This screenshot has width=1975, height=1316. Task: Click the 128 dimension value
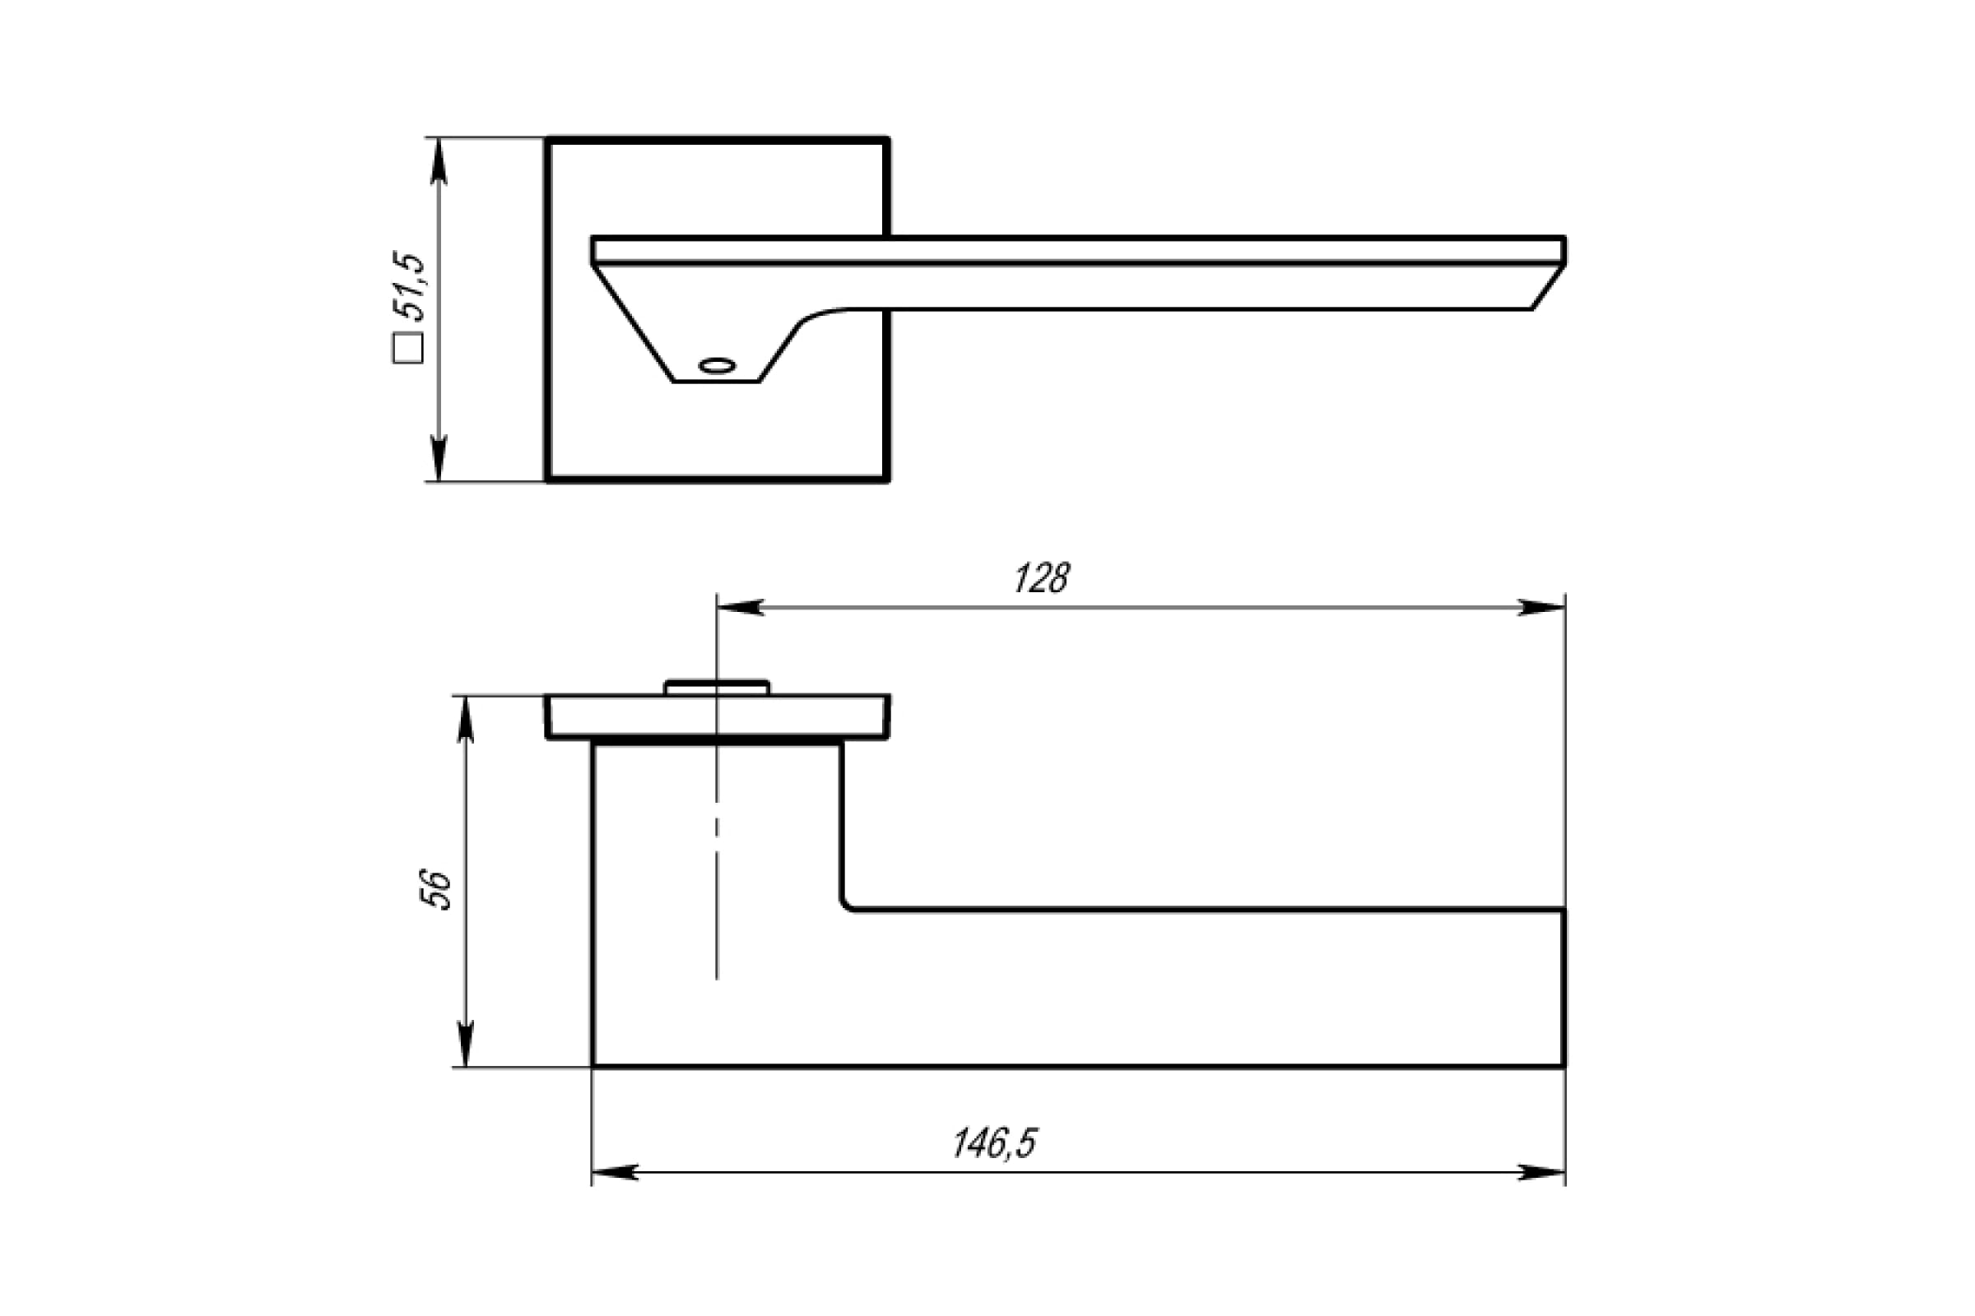point(1042,578)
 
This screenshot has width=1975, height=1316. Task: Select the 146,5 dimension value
point(995,1144)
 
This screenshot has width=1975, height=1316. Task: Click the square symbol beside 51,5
point(408,348)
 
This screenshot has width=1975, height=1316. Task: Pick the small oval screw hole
point(717,366)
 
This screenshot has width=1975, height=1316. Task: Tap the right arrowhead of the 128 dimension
point(1541,608)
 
